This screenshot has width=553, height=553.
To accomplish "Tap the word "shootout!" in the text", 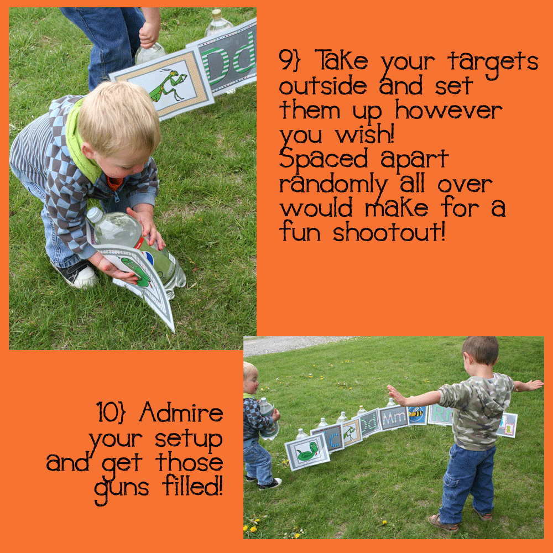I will click(389, 232).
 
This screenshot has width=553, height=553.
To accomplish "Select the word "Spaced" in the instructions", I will click(323, 159).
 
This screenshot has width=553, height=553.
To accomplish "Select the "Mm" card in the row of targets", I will click(393, 418).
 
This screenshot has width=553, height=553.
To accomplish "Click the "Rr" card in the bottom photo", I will click(440, 414).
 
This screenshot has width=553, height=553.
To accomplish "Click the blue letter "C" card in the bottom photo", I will click(329, 437).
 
